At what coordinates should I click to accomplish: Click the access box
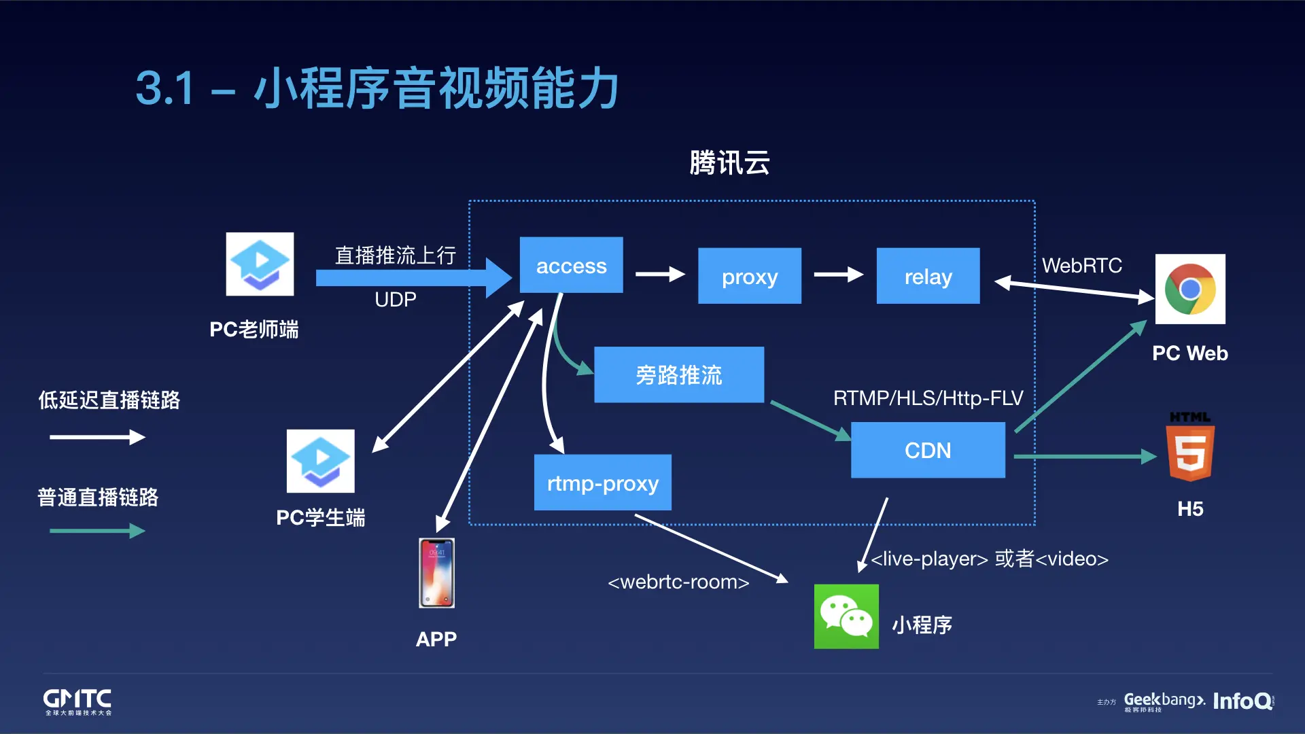[x=571, y=265]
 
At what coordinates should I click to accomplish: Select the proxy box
[x=749, y=276]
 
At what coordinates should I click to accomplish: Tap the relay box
[x=928, y=276]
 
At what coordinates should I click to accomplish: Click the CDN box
[x=928, y=450]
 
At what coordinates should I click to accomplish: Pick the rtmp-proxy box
[x=602, y=483]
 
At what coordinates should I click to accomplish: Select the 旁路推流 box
[x=678, y=374]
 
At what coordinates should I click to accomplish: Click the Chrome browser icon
[x=1190, y=289]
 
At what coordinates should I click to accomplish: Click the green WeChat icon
[x=846, y=616]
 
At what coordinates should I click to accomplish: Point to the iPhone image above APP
[x=436, y=573]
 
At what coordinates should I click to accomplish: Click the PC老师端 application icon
[x=260, y=264]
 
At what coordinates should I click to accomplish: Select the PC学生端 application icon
[x=320, y=461]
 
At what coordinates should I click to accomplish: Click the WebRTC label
[x=1081, y=266]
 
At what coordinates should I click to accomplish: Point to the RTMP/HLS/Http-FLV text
[x=928, y=398]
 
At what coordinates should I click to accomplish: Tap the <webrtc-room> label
[x=678, y=582]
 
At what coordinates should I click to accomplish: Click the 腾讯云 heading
[x=729, y=163]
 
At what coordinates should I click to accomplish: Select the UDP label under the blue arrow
[x=395, y=300]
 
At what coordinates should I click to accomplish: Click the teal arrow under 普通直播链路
[x=97, y=531]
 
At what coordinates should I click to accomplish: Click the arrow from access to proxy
[x=659, y=275]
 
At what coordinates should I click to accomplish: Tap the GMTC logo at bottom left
[x=77, y=701]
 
